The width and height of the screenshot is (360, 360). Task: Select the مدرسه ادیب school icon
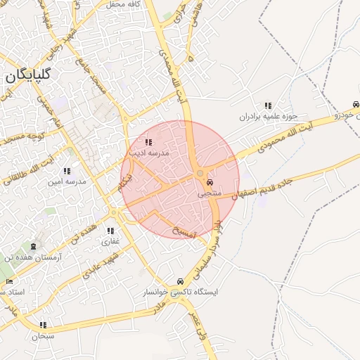(x=148, y=143)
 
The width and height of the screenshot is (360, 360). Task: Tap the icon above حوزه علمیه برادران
(x=268, y=105)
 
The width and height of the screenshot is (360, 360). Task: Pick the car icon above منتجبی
(x=210, y=181)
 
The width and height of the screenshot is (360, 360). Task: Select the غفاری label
(x=110, y=241)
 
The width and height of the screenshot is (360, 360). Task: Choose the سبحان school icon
(x=43, y=325)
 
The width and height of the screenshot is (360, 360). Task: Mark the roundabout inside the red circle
(x=200, y=173)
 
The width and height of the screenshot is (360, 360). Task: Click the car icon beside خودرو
(x=356, y=103)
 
